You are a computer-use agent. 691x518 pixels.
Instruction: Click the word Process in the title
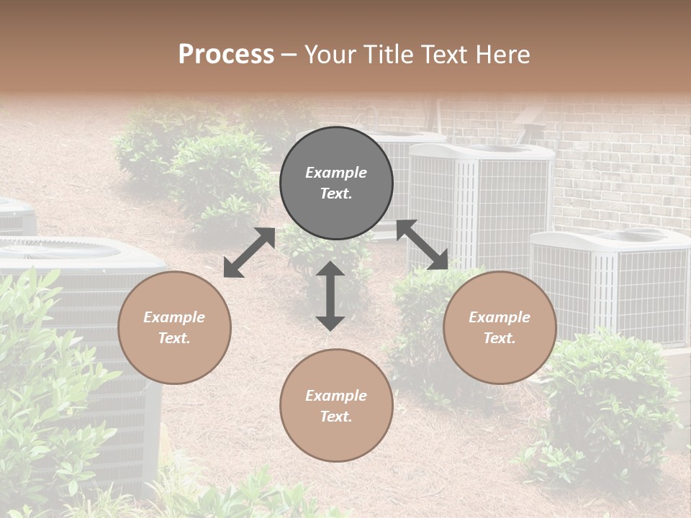tap(226, 55)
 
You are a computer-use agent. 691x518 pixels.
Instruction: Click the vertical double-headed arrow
tap(330, 296)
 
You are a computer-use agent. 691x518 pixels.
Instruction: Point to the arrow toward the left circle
tap(249, 253)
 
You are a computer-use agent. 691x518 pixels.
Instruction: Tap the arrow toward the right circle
tap(423, 245)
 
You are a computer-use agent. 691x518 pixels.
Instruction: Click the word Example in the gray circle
tap(336, 173)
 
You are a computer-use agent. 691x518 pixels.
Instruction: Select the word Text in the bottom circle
tap(336, 417)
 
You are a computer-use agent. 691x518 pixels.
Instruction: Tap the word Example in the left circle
tap(174, 317)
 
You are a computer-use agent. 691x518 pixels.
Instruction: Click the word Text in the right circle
tap(500, 338)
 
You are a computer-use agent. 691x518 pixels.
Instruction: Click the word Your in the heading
tap(328, 55)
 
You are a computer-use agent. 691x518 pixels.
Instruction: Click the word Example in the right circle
tap(500, 317)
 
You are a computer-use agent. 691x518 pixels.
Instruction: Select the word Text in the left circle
tap(174, 338)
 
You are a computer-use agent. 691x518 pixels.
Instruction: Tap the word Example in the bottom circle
tap(336, 396)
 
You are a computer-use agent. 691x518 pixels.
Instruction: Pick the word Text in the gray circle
tap(336, 194)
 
